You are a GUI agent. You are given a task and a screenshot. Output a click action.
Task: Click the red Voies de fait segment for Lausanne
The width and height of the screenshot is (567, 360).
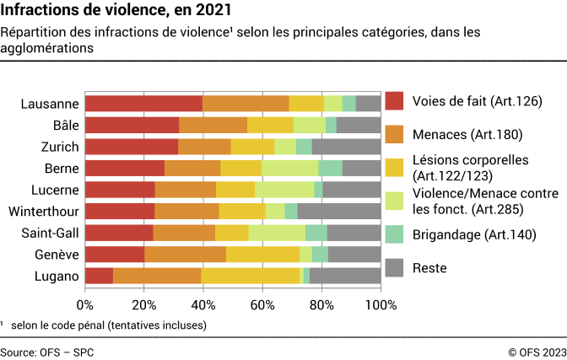click(x=143, y=104)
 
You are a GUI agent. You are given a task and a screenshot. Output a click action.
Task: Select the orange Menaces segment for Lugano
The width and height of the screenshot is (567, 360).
click(x=157, y=276)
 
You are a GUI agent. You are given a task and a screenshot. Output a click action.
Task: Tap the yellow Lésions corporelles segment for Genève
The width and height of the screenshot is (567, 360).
click(x=262, y=254)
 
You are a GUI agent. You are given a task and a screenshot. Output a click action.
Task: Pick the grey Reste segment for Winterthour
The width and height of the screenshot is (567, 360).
click(x=338, y=211)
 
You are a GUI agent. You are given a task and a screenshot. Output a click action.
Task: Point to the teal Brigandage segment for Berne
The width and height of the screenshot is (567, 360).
click(x=330, y=168)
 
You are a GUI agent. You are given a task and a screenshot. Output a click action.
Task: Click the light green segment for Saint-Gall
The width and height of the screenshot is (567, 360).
click(x=277, y=233)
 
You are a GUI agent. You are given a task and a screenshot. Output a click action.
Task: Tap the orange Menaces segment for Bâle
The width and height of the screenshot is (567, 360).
click(x=213, y=125)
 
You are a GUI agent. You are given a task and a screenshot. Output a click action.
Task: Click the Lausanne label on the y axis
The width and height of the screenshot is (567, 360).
click(x=51, y=104)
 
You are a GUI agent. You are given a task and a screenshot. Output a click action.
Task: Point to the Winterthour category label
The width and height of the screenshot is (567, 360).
click(x=43, y=211)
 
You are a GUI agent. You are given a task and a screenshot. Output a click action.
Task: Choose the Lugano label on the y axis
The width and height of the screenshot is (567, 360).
click(x=56, y=276)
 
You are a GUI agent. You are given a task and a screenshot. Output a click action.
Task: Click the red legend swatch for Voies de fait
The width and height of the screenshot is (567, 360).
click(x=395, y=101)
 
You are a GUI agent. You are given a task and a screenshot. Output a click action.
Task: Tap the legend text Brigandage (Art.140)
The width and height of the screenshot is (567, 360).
click(x=473, y=235)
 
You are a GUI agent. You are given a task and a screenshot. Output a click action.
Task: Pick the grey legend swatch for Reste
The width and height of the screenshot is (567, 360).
click(x=395, y=268)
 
